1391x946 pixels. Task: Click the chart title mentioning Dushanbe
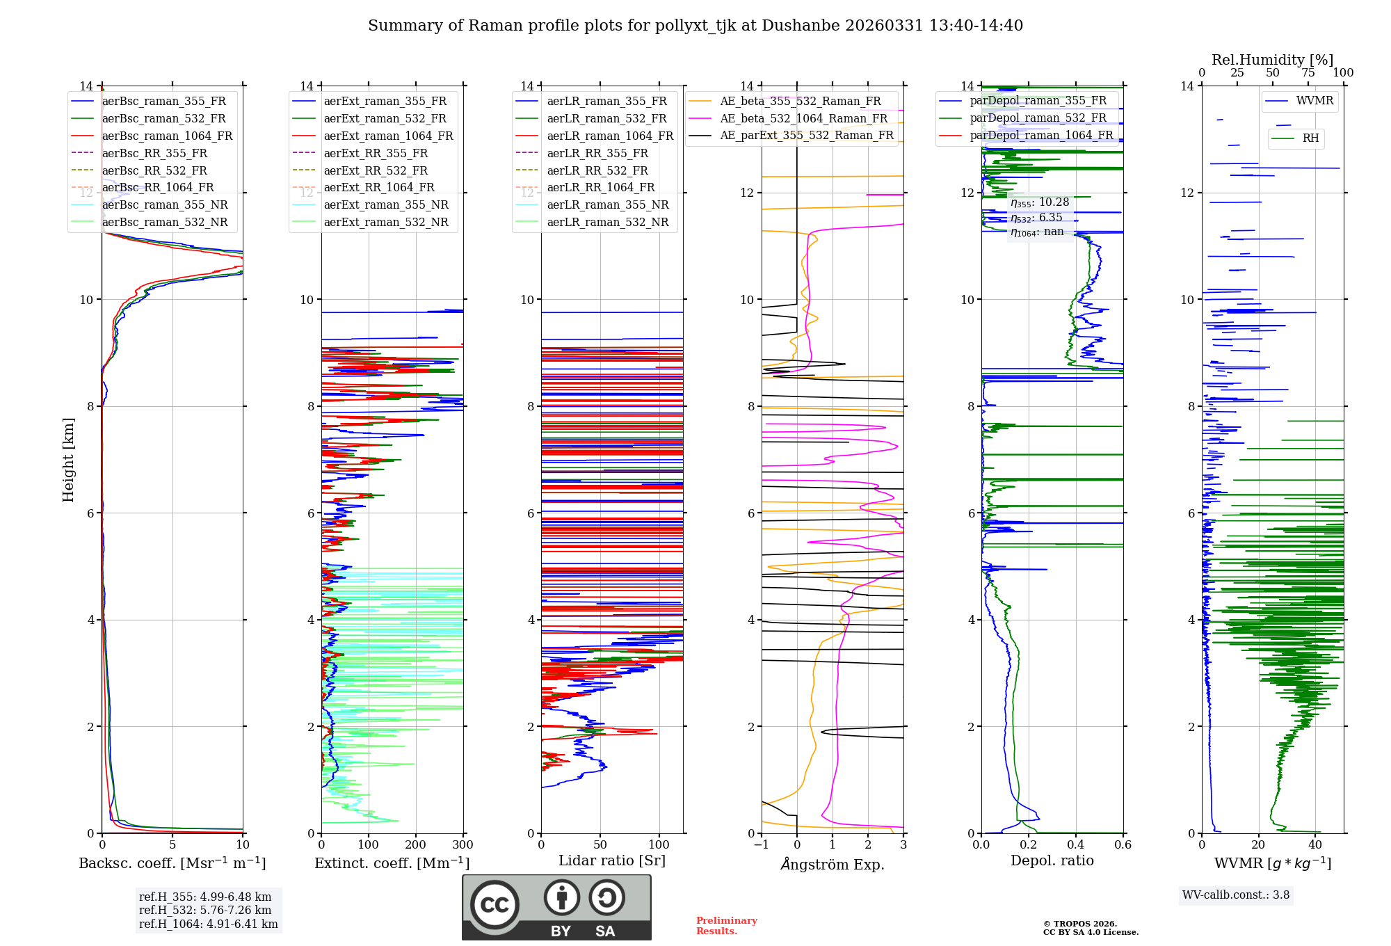pos(695,26)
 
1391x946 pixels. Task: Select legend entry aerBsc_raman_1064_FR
pos(167,136)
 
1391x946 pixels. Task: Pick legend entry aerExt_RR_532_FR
pos(376,170)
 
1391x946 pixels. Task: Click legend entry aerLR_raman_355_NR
pos(607,205)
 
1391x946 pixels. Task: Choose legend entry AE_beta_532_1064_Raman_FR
pos(803,119)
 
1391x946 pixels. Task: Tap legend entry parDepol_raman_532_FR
pos(1038,118)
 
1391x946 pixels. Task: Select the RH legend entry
pos(1310,138)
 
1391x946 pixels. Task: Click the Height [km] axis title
pos(68,459)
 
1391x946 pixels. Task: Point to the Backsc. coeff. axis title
pos(172,863)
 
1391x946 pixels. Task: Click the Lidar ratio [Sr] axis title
pos(612,861)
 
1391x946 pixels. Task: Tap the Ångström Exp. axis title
pos(833,865)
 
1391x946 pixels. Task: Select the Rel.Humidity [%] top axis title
pos(1272,60)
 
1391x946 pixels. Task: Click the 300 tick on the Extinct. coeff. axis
pos(463,845)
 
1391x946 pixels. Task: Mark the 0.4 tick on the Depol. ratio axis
pos(1075,845)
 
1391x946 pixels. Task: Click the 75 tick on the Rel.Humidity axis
pos(1308,73)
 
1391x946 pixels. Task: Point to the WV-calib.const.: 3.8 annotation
pos(1236,895)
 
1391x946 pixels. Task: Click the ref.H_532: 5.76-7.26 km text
pos(205,911)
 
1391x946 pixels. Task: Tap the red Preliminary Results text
pos(726,926)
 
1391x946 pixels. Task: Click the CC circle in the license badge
pos(495,905)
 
